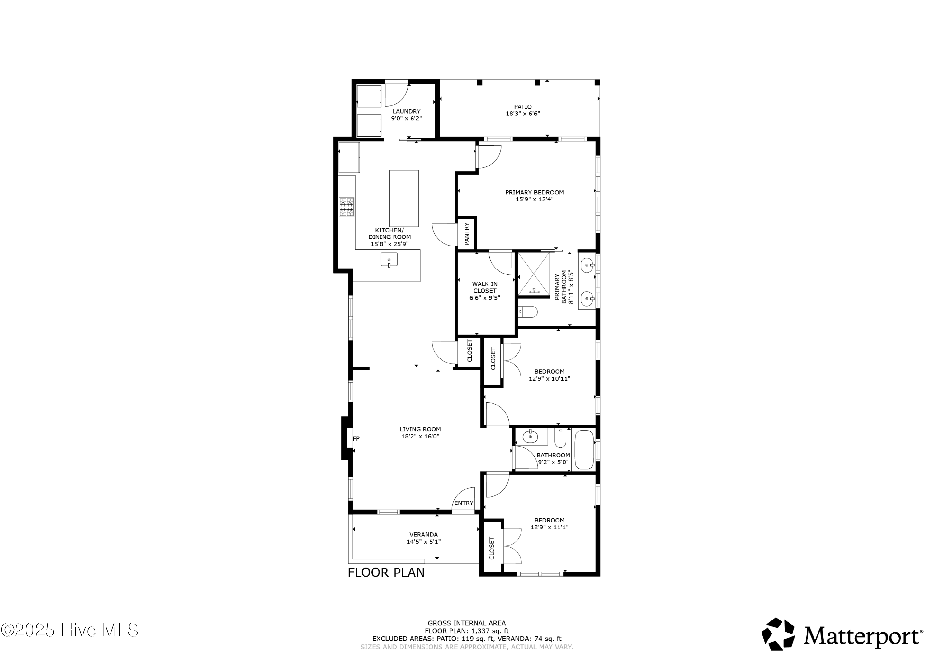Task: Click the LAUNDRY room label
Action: tap(406, 111)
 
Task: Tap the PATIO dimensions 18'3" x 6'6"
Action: tap(523, 114)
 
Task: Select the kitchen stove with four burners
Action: tap(347, 207)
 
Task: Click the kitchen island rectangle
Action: tap(404, 198)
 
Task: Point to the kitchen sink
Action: tap(389, 260)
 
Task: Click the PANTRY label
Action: tap(467, 233)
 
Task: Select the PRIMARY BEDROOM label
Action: tap(534, 192)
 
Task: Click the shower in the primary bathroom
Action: tap(533, 274)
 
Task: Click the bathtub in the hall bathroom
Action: tap(584, 450)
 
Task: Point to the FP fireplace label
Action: tap(356, 438)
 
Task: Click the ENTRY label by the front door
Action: tap(463, 503)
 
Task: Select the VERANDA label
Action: tap(423, 534)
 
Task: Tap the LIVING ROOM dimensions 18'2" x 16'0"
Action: tap(420, 436)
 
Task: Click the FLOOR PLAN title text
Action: tap(386, 573)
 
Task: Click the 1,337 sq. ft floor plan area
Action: tap(490, 631)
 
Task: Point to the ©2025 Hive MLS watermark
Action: tap(69, 630)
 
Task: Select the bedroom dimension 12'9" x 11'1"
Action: tap(549, 527)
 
